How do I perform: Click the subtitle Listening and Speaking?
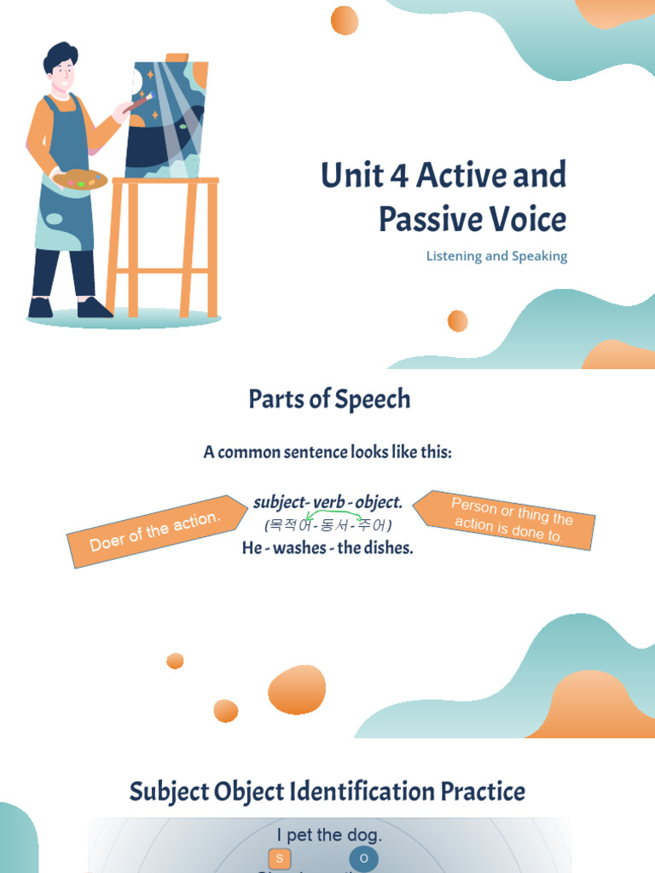pyautogui.click(x=496, y=256)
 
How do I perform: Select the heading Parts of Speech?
pyautogui.click(x=329, y=399)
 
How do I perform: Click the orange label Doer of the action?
pyautogui.click(x=154, y=531)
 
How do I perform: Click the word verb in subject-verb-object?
pyautogui.click(x=329, y=502)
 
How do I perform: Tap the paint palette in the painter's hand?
pyautogui.click(x=80, y=180)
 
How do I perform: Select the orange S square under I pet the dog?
pyautogui.click(x=279, y=859)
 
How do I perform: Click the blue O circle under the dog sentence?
pyautogui.click(x=364, y=859)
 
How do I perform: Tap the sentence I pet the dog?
pyautogui.click(x=329, y=835)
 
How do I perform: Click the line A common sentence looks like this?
pyautogui.click(x=327, y=452)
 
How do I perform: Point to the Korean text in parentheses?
pyautogui.click(x=328, y=524)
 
